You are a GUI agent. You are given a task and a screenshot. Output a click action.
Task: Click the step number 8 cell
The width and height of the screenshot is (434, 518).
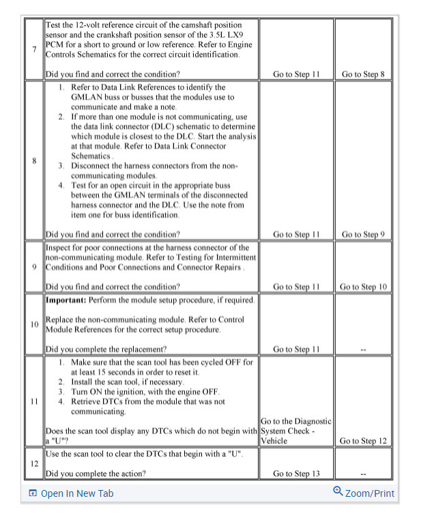34,161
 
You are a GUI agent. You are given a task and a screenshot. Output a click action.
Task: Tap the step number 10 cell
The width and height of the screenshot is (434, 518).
34,324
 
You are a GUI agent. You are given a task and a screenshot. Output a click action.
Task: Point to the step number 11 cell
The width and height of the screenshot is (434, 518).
34,401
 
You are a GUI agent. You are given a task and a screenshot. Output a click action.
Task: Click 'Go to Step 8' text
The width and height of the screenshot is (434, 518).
364,74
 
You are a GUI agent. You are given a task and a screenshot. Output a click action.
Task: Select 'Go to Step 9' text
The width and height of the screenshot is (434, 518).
364,234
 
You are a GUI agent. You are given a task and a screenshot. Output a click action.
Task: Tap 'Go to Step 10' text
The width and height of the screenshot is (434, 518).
364,287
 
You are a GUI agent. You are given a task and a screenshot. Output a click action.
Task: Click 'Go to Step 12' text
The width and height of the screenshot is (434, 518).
364,441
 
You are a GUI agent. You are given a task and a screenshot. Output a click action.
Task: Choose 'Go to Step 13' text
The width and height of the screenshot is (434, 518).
296,473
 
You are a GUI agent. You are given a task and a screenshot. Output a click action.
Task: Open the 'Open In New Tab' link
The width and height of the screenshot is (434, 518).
77,493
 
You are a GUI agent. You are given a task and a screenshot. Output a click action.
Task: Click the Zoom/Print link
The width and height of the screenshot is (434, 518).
369,493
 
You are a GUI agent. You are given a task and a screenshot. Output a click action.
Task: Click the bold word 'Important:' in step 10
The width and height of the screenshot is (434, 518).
66,300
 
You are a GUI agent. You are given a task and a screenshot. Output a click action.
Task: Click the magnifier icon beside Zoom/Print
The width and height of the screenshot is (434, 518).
337,492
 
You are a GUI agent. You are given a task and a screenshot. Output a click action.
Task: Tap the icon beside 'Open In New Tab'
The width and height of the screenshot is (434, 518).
32,493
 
